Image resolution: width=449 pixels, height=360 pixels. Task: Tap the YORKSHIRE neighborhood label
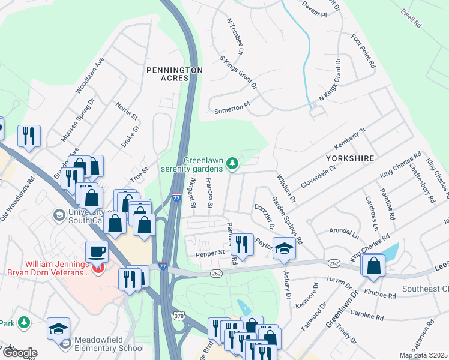coord(350,158)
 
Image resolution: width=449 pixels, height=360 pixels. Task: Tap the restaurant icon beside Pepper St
coord(242,244)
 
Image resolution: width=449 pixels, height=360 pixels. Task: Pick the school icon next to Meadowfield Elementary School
coord(58,329)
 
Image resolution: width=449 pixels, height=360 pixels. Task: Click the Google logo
coord(19,353)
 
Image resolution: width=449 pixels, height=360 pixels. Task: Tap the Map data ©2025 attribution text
coord(423,355)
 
